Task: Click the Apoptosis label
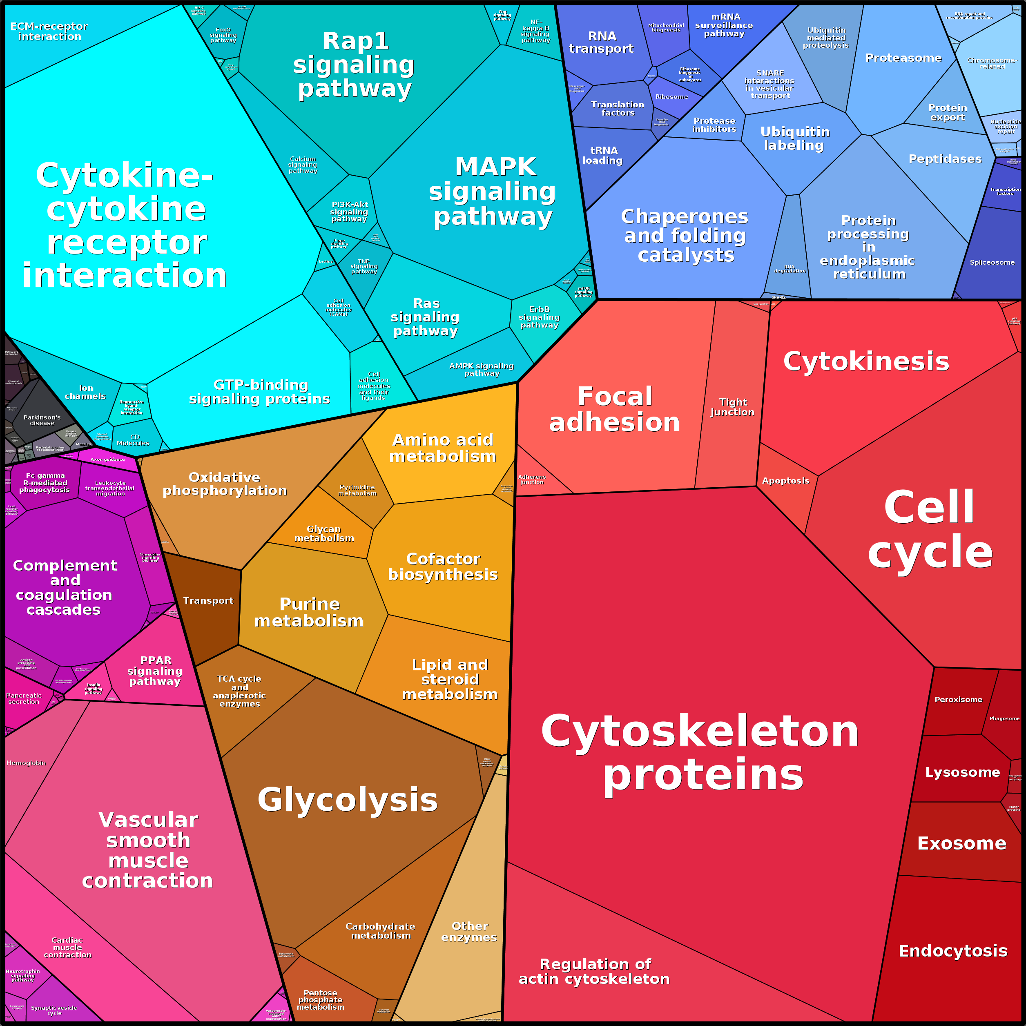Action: [785, 481]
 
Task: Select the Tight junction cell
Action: [732, 407]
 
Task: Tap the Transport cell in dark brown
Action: [208, 601]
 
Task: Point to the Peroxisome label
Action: [958, 699]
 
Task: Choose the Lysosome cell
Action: [962, 772]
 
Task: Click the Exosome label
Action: [961, 843]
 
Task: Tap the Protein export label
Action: [948, 113]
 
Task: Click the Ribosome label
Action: [671, 97]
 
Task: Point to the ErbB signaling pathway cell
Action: [539, 317]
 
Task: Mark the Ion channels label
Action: [85, 392]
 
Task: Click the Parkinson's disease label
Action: [42, 420]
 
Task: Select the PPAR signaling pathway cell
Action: [155, 671]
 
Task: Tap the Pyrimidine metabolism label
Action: [357, 490]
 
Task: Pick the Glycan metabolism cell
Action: [324, 533]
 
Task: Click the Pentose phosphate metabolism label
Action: [320, 999]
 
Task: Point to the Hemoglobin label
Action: [26, 763]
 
